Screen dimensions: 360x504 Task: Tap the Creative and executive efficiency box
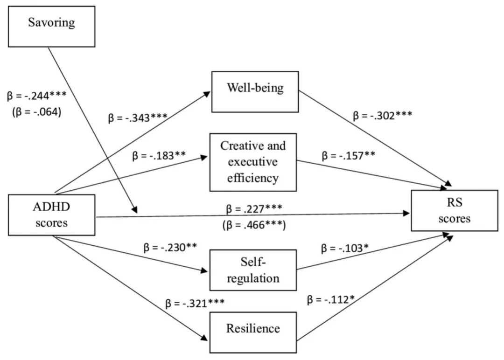click(253, 161)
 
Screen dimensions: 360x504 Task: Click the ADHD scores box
click(52, 215)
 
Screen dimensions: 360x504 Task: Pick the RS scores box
click(454, 211)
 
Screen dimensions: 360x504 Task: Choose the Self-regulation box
click(253, 270)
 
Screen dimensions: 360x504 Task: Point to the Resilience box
click(253, 328)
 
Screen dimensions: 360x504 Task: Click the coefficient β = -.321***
click(195, 304)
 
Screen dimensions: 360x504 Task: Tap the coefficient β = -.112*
click(335, 301)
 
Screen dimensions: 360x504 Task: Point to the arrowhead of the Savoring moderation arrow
click(135, 210)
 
